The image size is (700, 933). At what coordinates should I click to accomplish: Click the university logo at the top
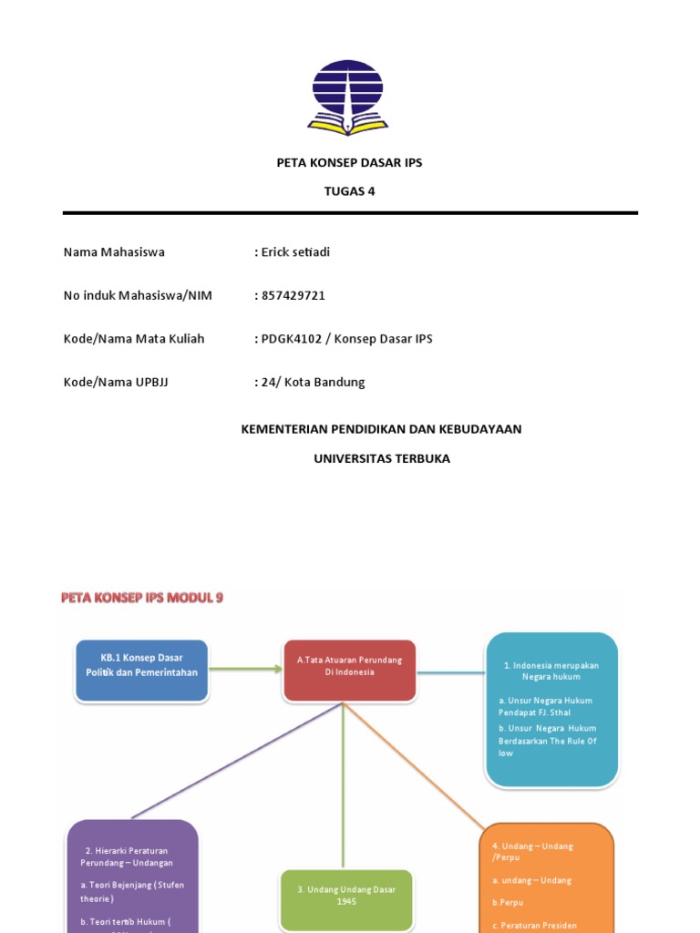click(x=348, y=97)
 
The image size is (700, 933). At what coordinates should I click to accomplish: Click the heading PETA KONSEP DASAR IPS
click(x=349, y=163)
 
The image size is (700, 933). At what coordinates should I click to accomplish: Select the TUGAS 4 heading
click(x=349, y=191)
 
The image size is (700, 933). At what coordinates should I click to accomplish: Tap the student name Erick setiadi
click(x=295, y=252)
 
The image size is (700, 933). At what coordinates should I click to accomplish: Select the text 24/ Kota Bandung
click(x=313, y=382)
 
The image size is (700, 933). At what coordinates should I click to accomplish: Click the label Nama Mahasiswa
click(x=114, y=252)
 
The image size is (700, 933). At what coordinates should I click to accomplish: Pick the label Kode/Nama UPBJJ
click(x=116, y=382)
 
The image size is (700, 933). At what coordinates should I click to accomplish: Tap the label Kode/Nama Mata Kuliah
click(x=134, y=339)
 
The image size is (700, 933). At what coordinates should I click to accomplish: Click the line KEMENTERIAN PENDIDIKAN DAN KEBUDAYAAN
click(x=381, y=429)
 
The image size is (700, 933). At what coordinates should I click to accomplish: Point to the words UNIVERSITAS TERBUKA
click(x=382, y=458)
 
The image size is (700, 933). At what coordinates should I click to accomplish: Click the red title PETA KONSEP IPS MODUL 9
click(x=142, y=598)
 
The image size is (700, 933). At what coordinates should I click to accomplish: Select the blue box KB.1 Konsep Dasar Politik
click(x=141, y=670)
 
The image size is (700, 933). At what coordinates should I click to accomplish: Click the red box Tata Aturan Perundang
click(x=349, y=670)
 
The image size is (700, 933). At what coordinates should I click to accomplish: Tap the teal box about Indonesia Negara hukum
click(x=551, y=709)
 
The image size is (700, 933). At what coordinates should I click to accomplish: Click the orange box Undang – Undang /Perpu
click(x=547, y=879)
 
